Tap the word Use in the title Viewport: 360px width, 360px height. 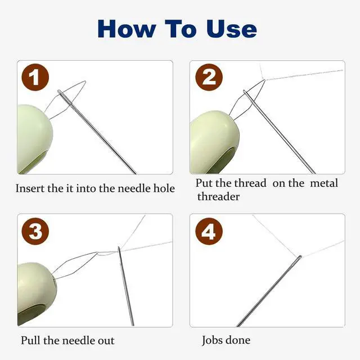coord(231,29)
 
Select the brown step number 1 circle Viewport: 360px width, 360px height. coord(35,77)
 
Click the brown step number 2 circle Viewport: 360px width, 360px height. coord(209,77)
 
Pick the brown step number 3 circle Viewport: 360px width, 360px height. coord(35,231)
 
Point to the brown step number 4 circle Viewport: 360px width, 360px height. coord(209,231)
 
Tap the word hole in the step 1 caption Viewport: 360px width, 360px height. coord(164,188)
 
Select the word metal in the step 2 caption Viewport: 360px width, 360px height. coord(324,183)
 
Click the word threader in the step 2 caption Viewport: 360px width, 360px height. coord(218,196)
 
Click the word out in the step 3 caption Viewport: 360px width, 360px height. coord(106,340)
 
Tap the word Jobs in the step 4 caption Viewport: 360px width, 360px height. coord(212,340)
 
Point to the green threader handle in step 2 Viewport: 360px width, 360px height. coord(214,142)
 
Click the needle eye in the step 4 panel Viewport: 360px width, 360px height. coord(299,258)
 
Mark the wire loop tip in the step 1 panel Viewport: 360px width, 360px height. coord(85,82)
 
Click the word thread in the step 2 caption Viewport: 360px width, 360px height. coord(250,183)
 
